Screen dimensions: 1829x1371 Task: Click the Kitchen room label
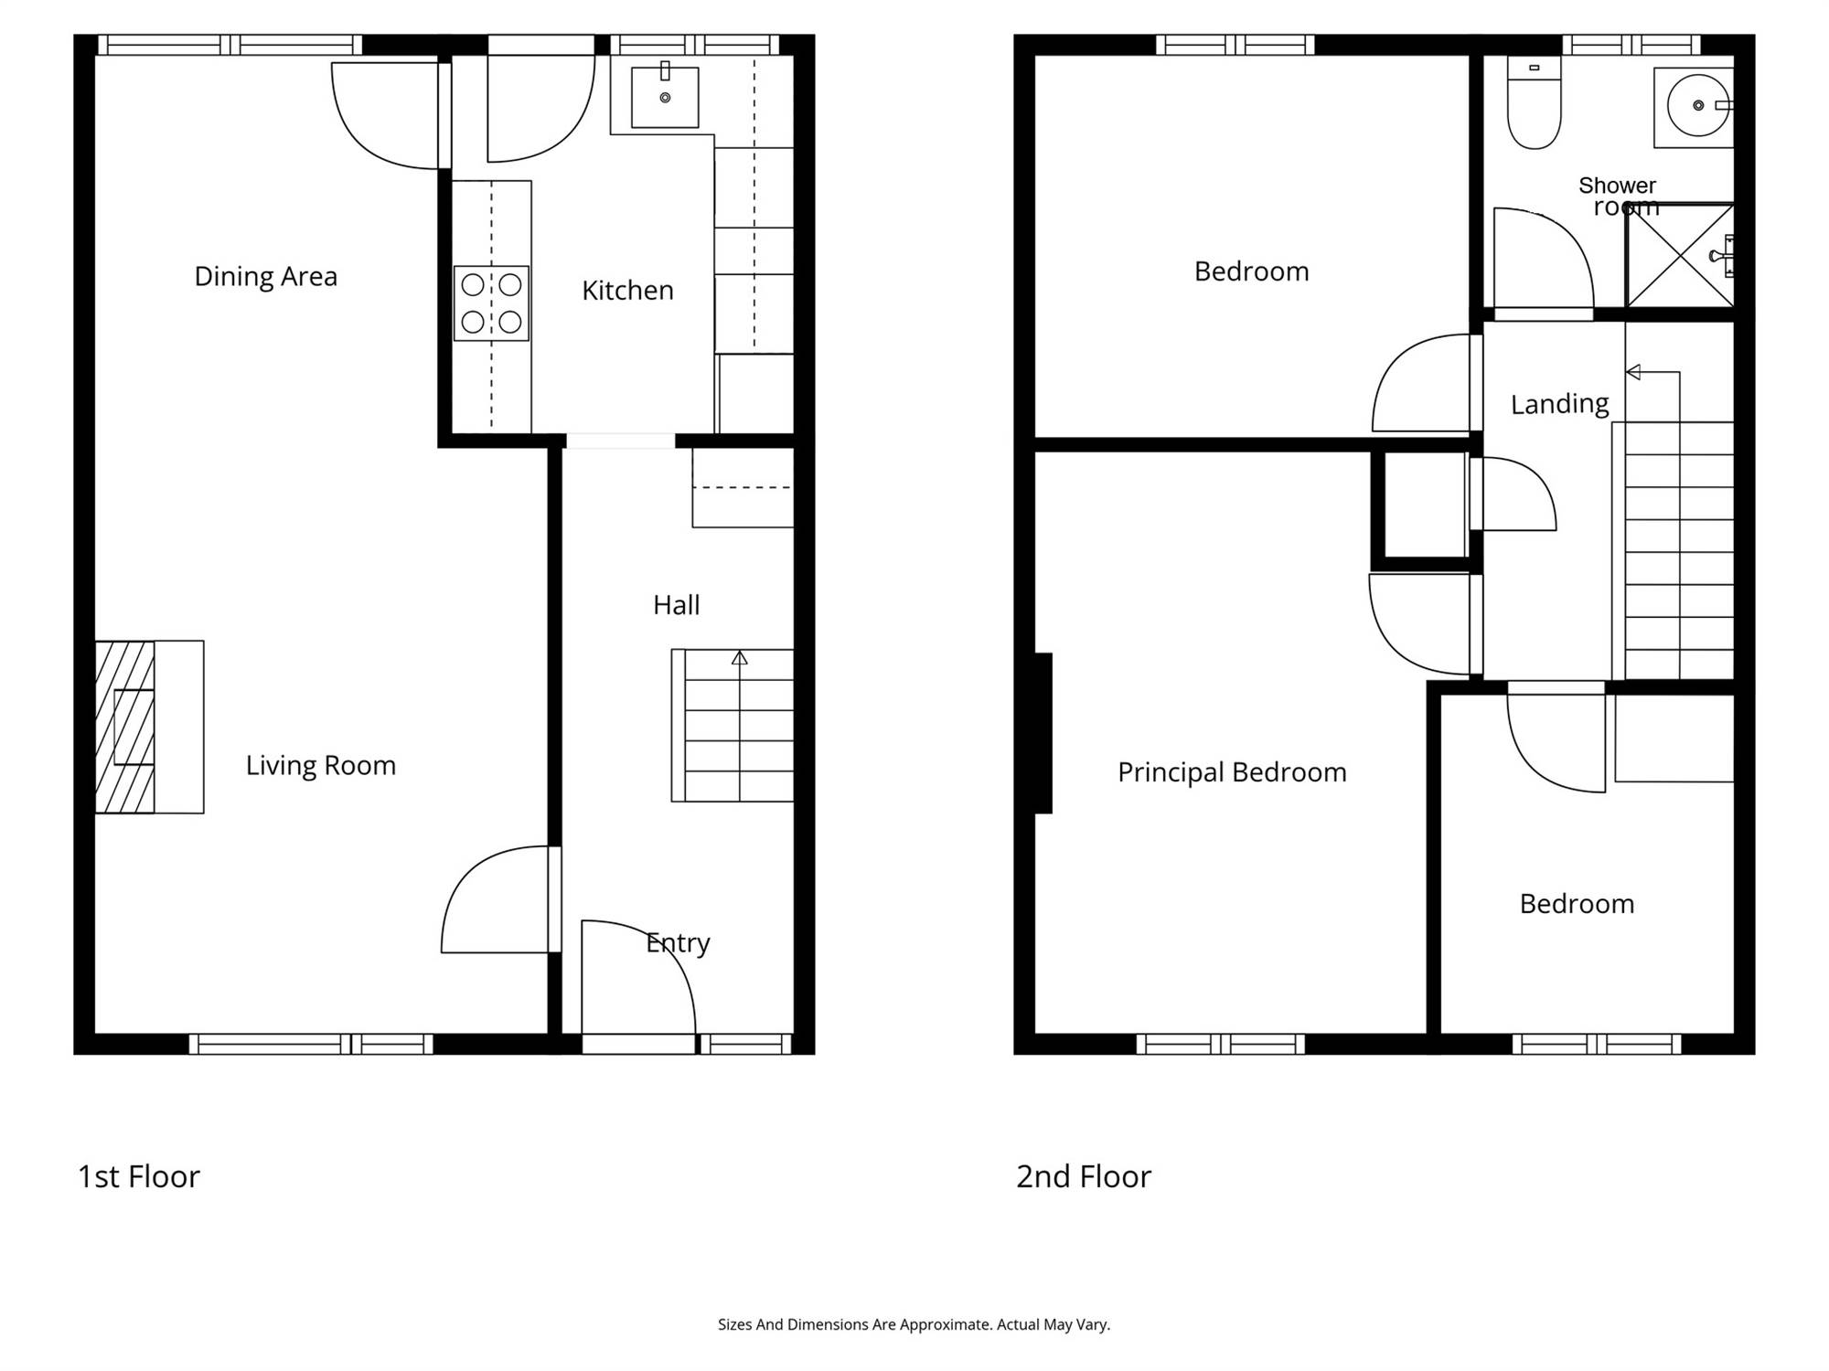point(627,291)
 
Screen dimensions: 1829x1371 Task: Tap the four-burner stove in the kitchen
point(491,303)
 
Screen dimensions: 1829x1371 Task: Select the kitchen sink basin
point(665,97)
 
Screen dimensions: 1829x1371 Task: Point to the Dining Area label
point(266,276)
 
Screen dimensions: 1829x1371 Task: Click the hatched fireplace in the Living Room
point(124,727)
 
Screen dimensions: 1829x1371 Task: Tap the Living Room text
point(321,765)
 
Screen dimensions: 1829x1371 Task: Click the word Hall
point(677,605)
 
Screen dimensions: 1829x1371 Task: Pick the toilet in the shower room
point(1534,102)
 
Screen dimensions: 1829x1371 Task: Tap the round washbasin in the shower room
point(1697,105)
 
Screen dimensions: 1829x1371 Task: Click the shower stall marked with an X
point(1680,256)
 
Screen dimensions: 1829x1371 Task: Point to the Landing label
point(1559,404)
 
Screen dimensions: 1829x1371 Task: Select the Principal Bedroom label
point(1232,772)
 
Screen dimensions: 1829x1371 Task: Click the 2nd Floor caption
point(1084,1176)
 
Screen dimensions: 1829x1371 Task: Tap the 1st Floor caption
point(139,1176)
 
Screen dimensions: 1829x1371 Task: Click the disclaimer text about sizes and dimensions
point(914,1324)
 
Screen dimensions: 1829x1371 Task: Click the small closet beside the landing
point(1424,505)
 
